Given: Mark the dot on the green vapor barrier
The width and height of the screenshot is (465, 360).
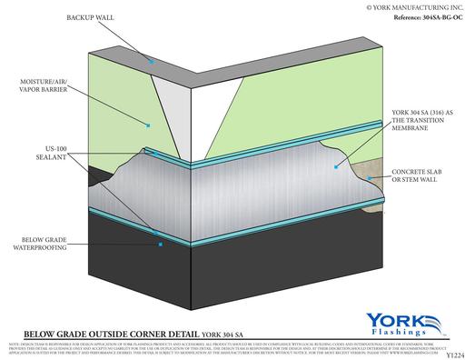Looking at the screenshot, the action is [147, 123].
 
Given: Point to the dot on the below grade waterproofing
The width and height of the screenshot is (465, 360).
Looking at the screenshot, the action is [159, 245].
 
